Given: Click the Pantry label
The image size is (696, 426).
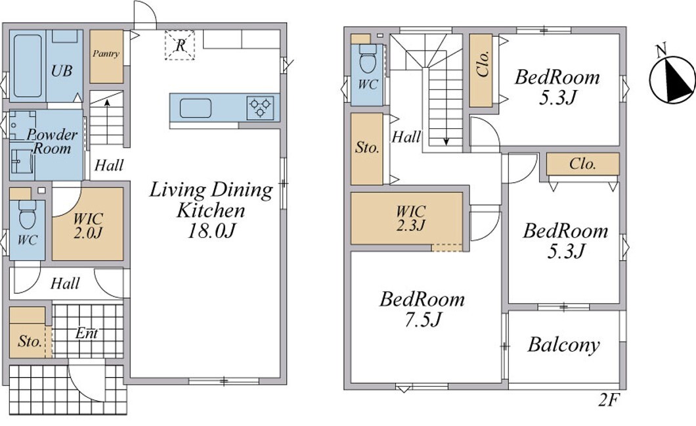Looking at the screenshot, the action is pyautogui.click(x=106, y=54).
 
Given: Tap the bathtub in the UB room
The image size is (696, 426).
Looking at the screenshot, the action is pyautogui.click(x=28, y=66).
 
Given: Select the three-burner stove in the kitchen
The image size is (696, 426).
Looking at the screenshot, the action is pyautogui.click(x=260, y=108).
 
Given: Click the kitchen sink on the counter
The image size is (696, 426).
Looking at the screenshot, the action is pyautogui.click(x=195, y=108).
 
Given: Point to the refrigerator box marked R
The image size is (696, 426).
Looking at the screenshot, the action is pyautogui.click(x=179, y=45).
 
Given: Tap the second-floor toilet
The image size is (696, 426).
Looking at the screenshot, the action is pyautogui.click(x=368, y=59).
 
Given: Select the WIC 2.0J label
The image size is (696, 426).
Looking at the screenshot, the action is pyautogui.click(x=89, y=225).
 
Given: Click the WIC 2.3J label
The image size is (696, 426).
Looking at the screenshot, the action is pyautogui.click(x=411, y=218).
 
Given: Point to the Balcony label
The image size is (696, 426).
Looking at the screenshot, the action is pyautogui.click(x=564, y=344).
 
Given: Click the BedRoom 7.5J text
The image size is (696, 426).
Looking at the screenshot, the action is pyautogui.click(x=422, y=309).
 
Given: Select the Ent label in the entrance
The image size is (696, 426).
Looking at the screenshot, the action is pyautogui.click(x=87, y=333).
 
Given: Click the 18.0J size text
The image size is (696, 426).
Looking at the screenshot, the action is pyautogui.click(x=211, y=231).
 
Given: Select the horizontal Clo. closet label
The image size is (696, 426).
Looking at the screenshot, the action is pyautogui.click(x=582, y=164).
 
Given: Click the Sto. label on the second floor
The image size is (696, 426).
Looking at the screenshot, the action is pyautogui.click(x=367, y=147).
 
